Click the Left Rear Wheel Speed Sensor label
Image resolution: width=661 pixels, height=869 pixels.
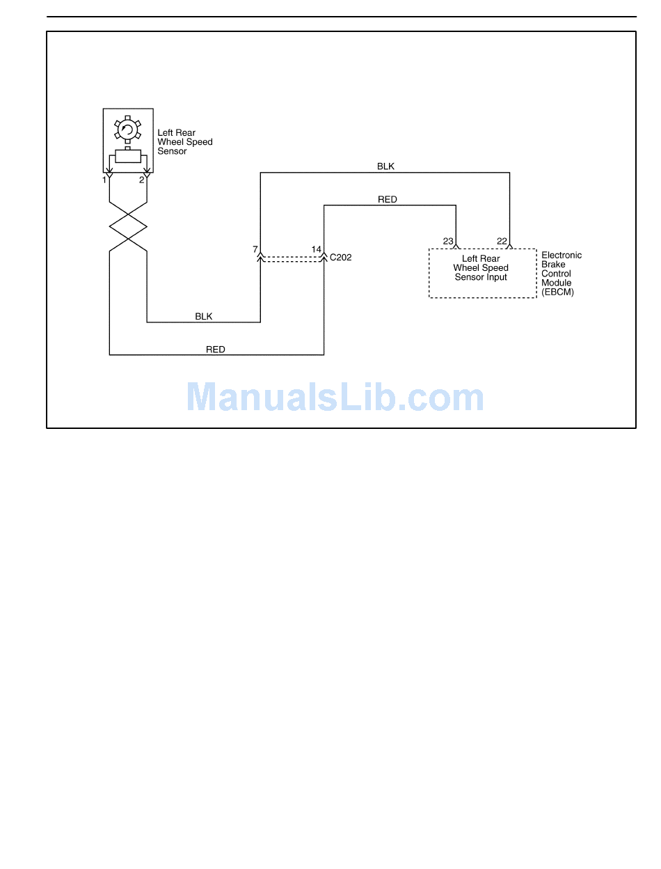tap(184, 142)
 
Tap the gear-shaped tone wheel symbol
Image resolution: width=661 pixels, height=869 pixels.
tap(127, 129)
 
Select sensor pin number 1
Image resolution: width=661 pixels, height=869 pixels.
tap(104, 180)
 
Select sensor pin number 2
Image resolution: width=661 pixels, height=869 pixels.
tap(141, 180)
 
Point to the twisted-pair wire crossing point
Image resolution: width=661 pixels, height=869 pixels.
tap(128, 227)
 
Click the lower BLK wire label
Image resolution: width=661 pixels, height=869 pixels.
tap(204, 316)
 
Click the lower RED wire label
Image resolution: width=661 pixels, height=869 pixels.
tap(216, 350)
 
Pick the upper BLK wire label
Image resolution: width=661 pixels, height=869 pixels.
tap(385, 166)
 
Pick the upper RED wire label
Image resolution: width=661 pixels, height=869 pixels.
tap(388, 200)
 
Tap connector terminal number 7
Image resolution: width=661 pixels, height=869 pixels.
tap(255, 249)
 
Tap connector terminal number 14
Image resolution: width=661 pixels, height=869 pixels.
tap(317, 249)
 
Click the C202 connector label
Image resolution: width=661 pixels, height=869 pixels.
tap(341, 258)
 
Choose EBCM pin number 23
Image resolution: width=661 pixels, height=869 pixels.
tap(448, 242)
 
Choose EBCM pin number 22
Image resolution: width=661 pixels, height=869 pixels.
tap(502, 242)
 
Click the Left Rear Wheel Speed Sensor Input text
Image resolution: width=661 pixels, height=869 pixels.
tap(481, 268)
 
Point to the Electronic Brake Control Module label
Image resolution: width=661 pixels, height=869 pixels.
tap(561, 269)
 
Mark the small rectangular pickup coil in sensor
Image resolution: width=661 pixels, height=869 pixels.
tap(128, 156)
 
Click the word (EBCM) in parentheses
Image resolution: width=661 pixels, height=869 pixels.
tap(558, 292)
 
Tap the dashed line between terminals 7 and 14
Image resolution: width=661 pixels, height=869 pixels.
tap(292, 259)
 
